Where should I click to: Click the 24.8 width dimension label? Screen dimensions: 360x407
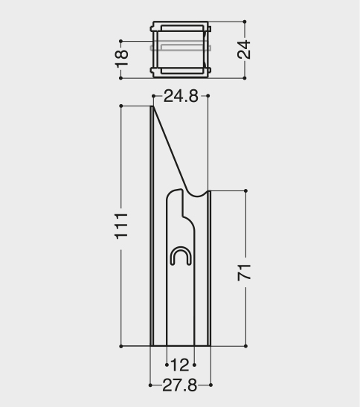coord(181,96)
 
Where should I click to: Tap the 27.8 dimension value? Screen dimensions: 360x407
coord(179,385)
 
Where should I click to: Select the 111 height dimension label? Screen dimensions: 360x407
coord(121,226)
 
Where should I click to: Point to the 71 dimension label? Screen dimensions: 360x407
coord(244,272)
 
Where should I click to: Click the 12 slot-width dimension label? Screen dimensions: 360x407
coord(180,365)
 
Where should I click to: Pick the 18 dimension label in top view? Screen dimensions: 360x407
coord(121,58)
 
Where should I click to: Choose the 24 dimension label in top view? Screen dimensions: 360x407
coord(244,50)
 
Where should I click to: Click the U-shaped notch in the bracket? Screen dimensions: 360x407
coord(181,256)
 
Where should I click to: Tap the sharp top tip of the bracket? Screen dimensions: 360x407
coord(152,106)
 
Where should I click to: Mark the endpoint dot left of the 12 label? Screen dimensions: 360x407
coord(167,365)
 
